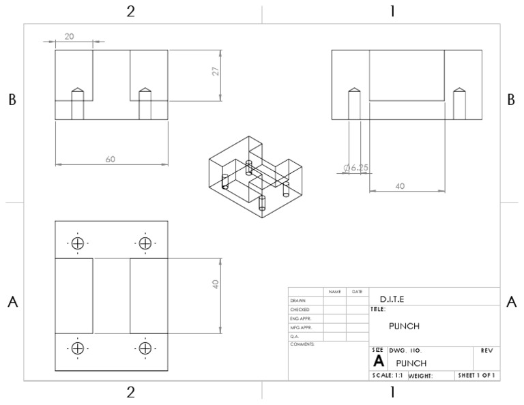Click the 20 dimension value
69,36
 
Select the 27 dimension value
215,72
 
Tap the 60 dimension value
110,159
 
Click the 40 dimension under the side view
400,185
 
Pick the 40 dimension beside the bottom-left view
215,284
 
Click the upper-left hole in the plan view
77,243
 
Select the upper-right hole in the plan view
145,243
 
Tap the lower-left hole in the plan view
77,348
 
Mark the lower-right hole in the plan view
145,348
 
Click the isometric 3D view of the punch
257,177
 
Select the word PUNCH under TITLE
404,326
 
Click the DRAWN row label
297,301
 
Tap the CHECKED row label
300,310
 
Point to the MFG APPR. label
300,327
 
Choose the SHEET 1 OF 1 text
477,375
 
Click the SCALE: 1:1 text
387,375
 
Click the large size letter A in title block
377,361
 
